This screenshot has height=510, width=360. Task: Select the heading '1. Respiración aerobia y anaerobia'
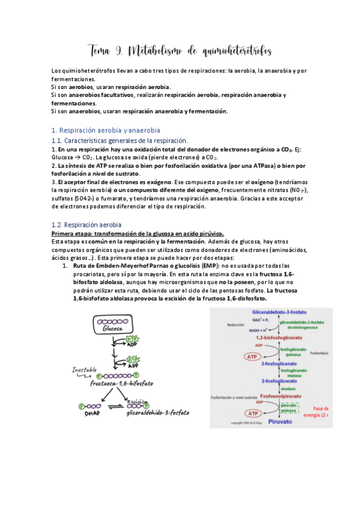point(106,131)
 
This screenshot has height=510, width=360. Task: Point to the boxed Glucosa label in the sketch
point(113,329)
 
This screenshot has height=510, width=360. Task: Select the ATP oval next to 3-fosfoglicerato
point(236,357)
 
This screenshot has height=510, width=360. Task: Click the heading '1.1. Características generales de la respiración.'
point(120,140)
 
